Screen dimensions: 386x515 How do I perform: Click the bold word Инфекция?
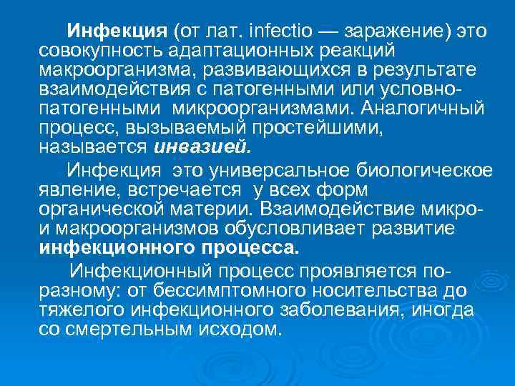tap(116, 32)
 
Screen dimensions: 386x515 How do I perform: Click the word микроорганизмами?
tap(263, 109)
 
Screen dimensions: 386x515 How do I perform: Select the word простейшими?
tap(268, 129)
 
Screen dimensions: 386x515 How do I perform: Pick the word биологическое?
tap(428, 169)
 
